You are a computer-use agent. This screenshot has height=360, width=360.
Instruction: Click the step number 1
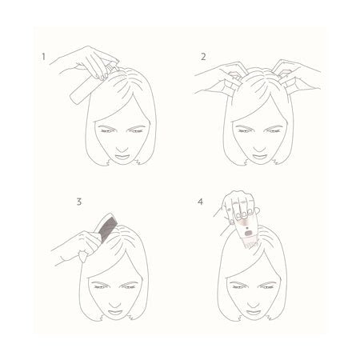click(43, 57)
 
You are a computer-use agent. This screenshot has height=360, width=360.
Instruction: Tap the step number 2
click(203, 57)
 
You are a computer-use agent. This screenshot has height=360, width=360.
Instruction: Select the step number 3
click(79, 202)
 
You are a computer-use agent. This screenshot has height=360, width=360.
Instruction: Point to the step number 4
click(200, 202)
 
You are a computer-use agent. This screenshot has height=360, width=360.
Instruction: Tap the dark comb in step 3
click(105, 227)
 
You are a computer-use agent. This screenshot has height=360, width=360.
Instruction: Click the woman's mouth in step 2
click(259, 157)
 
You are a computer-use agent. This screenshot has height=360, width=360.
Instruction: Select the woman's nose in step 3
click(114, 303)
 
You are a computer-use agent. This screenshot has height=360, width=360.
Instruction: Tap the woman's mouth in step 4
click(254, 312)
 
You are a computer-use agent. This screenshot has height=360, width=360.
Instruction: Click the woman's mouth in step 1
click(122, 157)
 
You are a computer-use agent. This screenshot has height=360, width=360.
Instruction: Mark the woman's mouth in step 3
click(115, 312)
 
